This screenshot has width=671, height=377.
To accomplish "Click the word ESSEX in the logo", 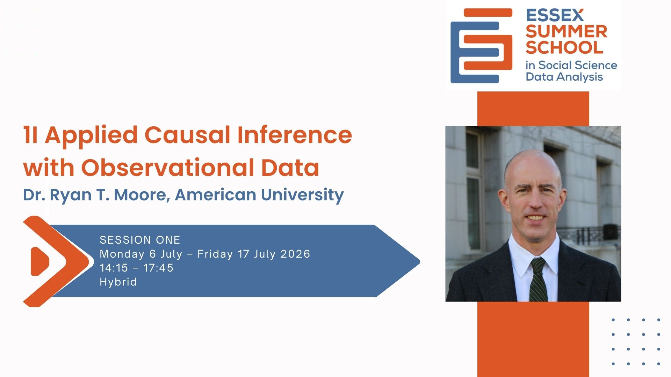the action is (x=555, y=15).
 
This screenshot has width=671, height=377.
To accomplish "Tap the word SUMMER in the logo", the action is (x=567, y=31).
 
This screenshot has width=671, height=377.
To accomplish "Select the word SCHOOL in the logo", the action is (x=564, y=47).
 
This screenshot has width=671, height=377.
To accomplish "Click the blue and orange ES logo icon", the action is (x=481, y=46).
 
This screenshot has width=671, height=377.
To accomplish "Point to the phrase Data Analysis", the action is (x=564, y=77).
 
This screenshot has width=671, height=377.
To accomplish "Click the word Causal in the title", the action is (x=187, y=135).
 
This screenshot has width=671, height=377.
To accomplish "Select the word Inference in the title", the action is (x=295, y=135).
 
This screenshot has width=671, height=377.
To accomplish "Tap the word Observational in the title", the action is (x=168, y=168).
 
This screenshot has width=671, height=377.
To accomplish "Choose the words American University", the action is (x=259, y=195).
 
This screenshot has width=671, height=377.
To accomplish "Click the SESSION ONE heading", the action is (x=140, y=240).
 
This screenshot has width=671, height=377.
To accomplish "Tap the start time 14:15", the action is (x=114, y=268).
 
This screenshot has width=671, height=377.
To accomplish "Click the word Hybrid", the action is (x=118, y=282).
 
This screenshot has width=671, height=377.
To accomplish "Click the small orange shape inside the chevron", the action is (x=40, y=261).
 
